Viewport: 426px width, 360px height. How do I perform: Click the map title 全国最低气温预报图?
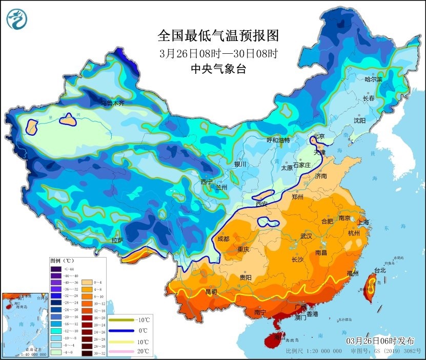pyautogui.click(x=218, y=36)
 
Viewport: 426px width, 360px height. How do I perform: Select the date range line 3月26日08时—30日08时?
pyautogui.click(x=218, y=53)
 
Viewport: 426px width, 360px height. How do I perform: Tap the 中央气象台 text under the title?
pyautogui.click(x=218, y=69)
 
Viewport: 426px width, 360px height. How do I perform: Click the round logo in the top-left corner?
pyautogui.click(x=17, y=19)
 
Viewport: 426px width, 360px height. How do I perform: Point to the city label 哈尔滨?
pyautogui.click(x=373, y=79)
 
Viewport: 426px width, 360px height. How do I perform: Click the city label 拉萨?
pyautogui.click(x=117, y=240)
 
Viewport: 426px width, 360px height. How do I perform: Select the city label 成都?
pyautogui.click(x=223, y=238)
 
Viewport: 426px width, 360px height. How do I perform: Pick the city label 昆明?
pyautogui.click(x=211, y=292)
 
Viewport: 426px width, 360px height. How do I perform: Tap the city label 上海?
pyautogui.click(x=362, y=222)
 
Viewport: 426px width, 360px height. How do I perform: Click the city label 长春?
pyautogui.click(x=369, y=98)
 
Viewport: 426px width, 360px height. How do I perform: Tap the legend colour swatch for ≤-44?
pyautogui.click(x=55, y=268)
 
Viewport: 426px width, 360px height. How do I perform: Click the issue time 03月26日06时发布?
pyautogui.click(x=380, y=341)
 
